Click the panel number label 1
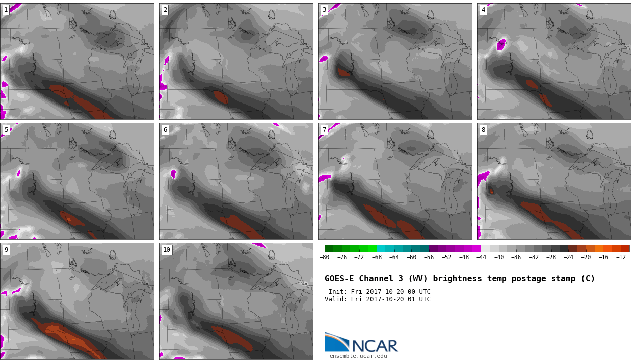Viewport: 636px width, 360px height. (6, 10)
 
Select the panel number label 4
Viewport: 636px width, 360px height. (483, 10)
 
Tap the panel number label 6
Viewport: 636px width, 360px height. (165, 130)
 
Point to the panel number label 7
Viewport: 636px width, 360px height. (324, 130)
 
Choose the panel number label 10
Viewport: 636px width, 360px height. (167, 250)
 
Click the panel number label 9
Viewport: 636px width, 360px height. (6, 250)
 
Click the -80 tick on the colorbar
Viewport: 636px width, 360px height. (324, 257)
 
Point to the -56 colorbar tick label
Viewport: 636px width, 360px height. (429, 257)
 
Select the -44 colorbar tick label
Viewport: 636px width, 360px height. (481, 257)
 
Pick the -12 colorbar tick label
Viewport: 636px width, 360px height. (620, 257)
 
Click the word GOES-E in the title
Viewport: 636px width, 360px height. (339, 279)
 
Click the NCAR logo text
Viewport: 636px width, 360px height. (375, 346)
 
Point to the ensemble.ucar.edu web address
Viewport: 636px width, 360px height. (358, 356)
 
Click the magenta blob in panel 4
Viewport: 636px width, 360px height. (501, 44)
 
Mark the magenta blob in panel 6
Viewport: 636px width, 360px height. (173, 174)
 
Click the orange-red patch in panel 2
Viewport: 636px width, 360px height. (221, 97)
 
